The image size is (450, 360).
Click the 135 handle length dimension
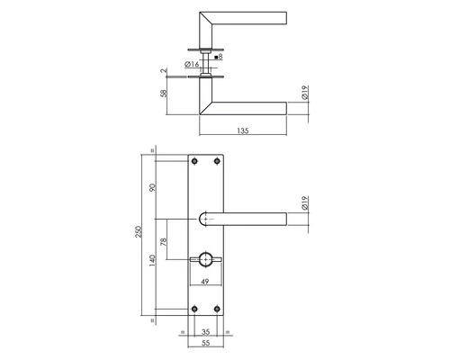coord(243,130)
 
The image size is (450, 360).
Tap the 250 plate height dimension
coord(139,232)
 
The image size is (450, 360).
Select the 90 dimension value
coord(153,188)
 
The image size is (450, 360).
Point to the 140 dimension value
coord(153,260)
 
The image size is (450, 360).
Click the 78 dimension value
coord(164,242)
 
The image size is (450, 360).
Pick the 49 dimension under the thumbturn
coord(205,282)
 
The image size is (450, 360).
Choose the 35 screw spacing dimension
coord(205,332)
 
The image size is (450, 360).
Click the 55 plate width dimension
coord(205,343)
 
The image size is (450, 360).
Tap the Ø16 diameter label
coord(192,64)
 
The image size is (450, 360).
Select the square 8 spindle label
coord(219,57)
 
